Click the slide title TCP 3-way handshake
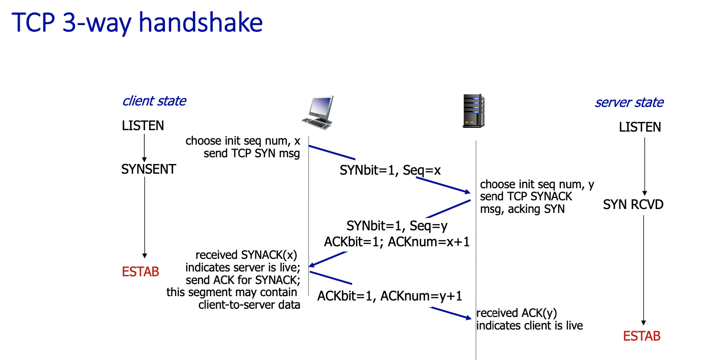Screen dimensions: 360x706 137,23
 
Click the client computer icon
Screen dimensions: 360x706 318,113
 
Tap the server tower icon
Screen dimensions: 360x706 473,111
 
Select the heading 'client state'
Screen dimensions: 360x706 154,101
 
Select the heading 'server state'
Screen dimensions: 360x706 629,103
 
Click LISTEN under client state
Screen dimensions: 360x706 143,126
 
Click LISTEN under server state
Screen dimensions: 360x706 640,127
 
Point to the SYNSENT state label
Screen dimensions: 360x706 148,169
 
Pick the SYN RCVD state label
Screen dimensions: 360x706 633,205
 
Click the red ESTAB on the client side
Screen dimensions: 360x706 140,271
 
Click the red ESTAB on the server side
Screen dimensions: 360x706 642,336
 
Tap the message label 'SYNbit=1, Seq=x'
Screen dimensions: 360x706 390,170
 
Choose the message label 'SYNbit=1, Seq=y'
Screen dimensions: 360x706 397,226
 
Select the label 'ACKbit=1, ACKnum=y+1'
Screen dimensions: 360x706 389,296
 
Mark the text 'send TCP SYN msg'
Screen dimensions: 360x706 251,154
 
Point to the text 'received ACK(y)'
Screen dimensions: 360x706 520,313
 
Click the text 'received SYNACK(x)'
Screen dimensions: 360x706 246,255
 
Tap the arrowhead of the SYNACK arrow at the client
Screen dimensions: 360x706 312,265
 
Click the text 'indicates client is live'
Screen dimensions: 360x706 529,326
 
